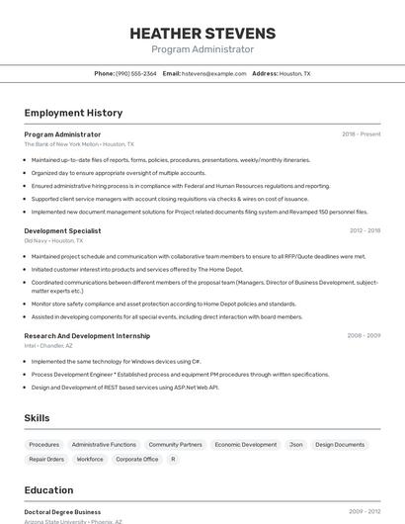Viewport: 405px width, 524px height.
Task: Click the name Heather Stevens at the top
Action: [x=202, y=34]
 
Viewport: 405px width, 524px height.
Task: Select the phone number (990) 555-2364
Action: [x=135, y=73]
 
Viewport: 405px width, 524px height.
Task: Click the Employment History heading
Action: [x=66, y=114]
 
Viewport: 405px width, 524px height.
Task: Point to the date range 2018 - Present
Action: [x=361, y=134]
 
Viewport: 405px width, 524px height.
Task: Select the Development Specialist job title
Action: [x=62, y=230]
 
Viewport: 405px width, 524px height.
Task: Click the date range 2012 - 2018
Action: [x=364, y=230]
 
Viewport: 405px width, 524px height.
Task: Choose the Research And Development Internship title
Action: [x=87, y=335]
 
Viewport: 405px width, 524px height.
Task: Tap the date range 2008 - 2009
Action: [x=364, y=335]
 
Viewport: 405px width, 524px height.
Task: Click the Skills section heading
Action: [x=38, y=418]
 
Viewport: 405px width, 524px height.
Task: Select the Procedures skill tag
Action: [x=44, y=445]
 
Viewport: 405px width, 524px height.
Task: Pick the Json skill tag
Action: [x=295, y=445]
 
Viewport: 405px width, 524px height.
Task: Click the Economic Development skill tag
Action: [x=246, y=445]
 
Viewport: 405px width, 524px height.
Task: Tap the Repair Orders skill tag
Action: [x=46, y=460]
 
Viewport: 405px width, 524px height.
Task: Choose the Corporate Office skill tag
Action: [x=137, y=460]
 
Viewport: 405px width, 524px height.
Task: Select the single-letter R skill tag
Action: [x=173, y=460]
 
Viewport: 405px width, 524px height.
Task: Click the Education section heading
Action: [x=48, y=490]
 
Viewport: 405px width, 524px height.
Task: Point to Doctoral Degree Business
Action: [x=62, y=512]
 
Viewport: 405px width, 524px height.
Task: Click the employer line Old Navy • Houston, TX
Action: [x=53, y=240]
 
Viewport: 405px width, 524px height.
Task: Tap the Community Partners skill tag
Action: [x=175, y=445]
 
